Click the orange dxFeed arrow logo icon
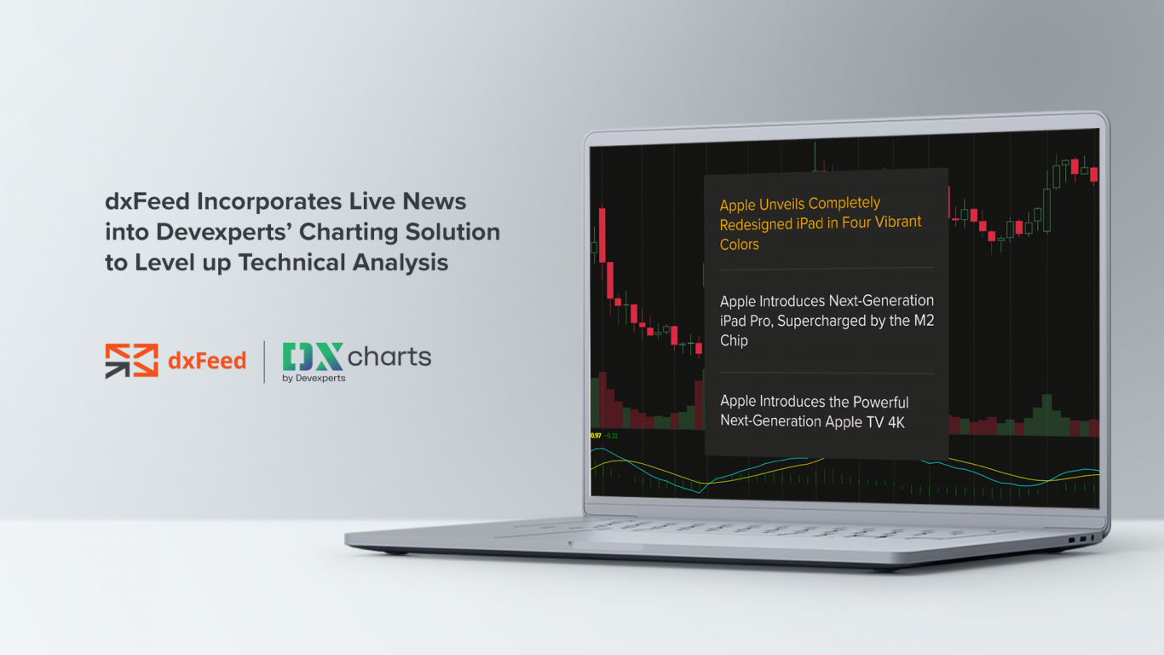point(131,361)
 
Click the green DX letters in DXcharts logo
point(313,356)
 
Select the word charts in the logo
point(389,356)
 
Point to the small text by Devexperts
point(314,378)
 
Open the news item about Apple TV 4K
point(814,411)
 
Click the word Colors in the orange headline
point(739,245)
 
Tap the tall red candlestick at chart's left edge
point(602,234)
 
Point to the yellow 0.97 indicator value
point(596,436)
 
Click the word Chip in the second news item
point(734,340)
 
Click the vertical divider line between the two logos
point(264,361)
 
